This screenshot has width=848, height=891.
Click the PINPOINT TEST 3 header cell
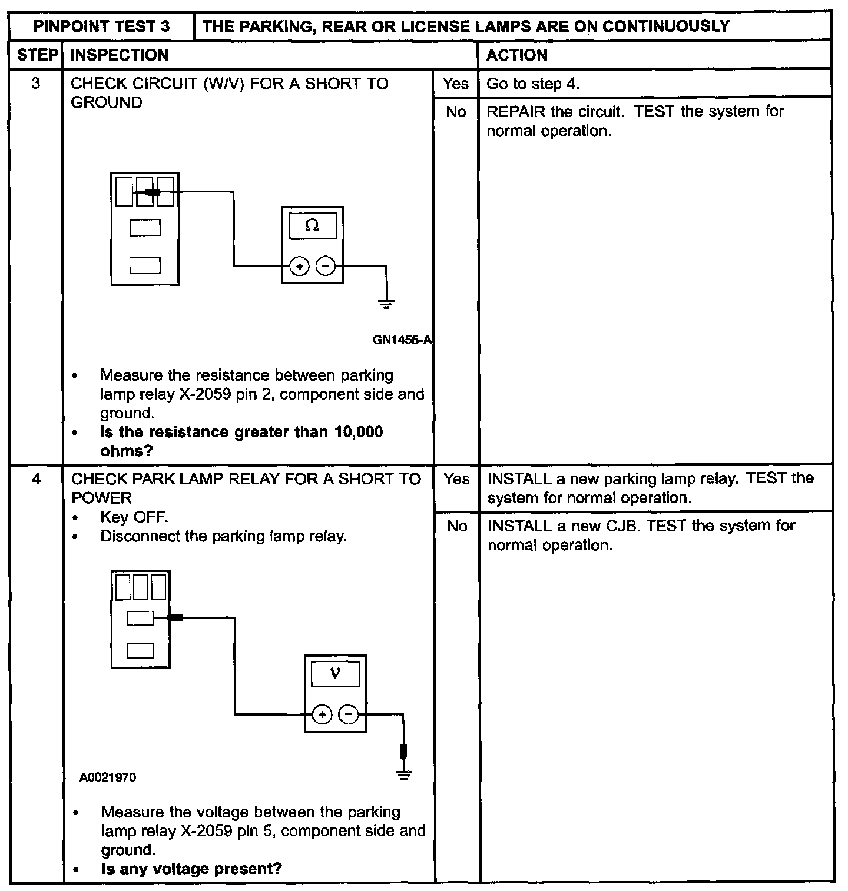(101, 26)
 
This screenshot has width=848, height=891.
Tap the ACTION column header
(516, 55)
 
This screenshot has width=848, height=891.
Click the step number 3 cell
(36, 84)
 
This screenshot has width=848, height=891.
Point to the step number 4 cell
(37, 479)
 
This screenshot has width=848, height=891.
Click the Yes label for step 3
(456, 84)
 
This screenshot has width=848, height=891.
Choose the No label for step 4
(457, 526)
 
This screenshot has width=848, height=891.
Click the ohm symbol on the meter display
(312, 225)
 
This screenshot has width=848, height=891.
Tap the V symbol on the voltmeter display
(335, 673)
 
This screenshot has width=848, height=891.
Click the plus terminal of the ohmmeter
(300, 267)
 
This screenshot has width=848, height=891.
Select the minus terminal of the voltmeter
(349, 715)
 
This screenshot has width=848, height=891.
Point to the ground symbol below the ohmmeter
(386, 305)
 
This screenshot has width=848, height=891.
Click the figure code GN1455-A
(402, 340)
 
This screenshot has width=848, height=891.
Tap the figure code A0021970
(108, 778)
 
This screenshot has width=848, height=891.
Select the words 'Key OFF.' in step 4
(134, 517)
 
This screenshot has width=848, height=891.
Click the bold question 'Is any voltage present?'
(191, 869)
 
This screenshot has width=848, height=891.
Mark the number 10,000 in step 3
(359, 432)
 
